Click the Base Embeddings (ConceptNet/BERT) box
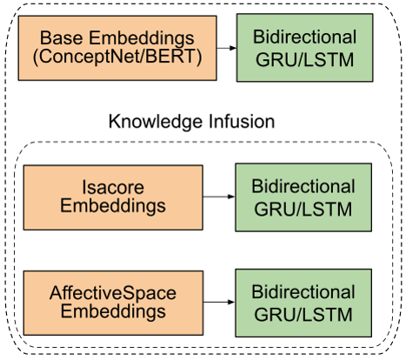pos(117,48)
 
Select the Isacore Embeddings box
pos(113,197)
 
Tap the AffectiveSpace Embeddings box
pos(113,303)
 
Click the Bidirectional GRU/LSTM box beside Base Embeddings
pos(305,48)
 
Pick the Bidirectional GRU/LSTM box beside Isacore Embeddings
pos(303,197)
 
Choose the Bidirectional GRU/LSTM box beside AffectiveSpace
pos(303,303)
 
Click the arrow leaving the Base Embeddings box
pos(227,48)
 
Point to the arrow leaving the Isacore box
pos(219,197)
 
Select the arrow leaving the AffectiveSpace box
pos(219,303)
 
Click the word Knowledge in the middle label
pos(156,122)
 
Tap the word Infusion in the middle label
pos(242,121)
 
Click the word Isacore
pos(113,187)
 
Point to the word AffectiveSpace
pos(113,293)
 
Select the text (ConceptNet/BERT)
pos(117,57)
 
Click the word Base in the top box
pos(62,38)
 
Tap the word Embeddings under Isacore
pos(113,206)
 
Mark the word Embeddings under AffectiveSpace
pos(113,312)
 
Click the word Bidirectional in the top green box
pos(305,37)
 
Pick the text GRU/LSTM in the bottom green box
pos(303,315)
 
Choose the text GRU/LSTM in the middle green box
pos(303,210)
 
